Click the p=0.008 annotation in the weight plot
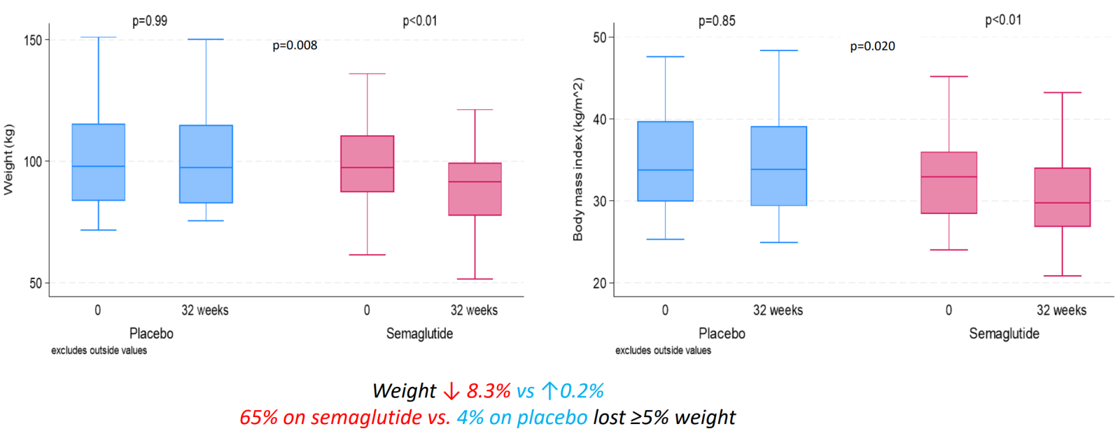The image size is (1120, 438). coord(295,45)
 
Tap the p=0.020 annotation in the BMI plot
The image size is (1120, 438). coord(872,46)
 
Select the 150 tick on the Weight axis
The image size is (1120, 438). coord(32,41)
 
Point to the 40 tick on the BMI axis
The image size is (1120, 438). coord(599,120)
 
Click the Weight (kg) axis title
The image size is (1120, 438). coord(8,160)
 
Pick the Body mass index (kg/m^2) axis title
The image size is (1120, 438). coord(577,160)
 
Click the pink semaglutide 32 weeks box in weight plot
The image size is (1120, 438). coord(475,189)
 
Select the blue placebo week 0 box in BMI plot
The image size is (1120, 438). coord(665,162)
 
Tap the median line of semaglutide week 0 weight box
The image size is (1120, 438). coord(367,168)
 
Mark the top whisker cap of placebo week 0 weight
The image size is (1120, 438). coord(98,37)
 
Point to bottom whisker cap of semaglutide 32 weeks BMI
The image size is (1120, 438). coord(1062,276)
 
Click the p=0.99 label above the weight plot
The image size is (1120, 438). coord(150,21)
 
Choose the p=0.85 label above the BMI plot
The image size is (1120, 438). coord(717,21)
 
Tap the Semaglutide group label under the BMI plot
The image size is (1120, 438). coord(1004,334)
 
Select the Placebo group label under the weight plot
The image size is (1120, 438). coord(151,334)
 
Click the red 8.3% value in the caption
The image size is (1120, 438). coord(489,390)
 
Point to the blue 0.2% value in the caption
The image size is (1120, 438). coord(582,390)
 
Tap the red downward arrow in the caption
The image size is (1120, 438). coord(451,390)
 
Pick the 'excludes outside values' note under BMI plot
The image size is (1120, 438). coord(663,351)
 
